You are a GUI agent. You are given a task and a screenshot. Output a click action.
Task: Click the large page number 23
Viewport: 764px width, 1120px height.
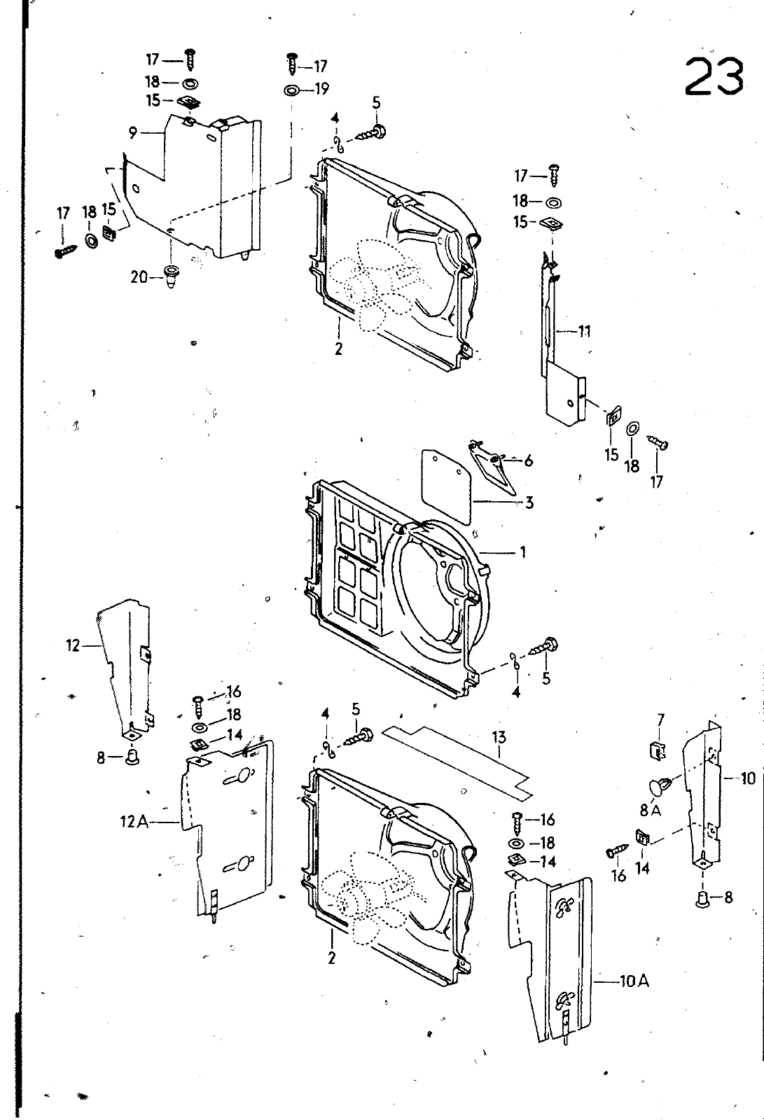[x=714, y=76]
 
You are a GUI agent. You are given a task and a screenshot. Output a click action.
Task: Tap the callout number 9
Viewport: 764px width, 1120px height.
[x=132, y=133]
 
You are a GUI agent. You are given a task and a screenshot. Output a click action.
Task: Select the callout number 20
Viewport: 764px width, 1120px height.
[x=139, y=276]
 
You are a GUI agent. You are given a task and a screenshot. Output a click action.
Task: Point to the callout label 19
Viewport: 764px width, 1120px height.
[x=322, y=89]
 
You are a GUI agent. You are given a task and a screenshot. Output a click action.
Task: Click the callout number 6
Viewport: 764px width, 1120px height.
[x=528, y=461]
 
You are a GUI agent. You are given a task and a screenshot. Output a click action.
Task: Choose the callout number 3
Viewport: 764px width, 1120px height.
[x=529, y=503]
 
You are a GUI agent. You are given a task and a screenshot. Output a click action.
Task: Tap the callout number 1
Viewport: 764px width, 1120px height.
[x=523, y=552]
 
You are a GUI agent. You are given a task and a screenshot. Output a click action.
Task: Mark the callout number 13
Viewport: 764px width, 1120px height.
[x=499, y=737]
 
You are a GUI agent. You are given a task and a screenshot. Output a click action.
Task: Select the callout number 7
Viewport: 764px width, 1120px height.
[x=661, y=720]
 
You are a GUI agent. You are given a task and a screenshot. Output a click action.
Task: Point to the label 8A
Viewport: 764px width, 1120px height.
[x=651, y=811]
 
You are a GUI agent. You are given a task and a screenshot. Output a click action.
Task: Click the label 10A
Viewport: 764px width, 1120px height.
[x=634, y=981]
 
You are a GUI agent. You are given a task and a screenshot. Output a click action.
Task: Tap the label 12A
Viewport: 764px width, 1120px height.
[x=134, y=822]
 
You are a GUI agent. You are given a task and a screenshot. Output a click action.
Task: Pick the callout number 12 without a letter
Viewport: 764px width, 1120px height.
[x=73, y=646]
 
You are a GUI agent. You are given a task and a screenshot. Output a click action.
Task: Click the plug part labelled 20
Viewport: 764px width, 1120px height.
[x=171, y=277]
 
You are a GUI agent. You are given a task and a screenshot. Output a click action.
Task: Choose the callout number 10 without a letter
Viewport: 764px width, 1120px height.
[x=747, y=778]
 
